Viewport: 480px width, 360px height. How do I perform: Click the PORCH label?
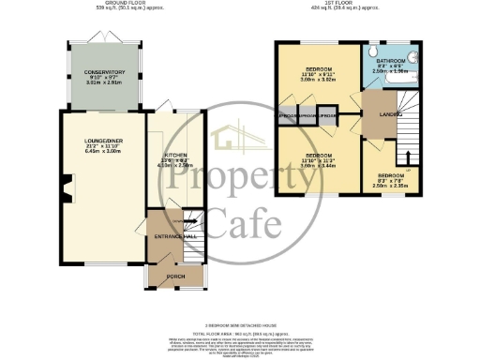tap(174, 277)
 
